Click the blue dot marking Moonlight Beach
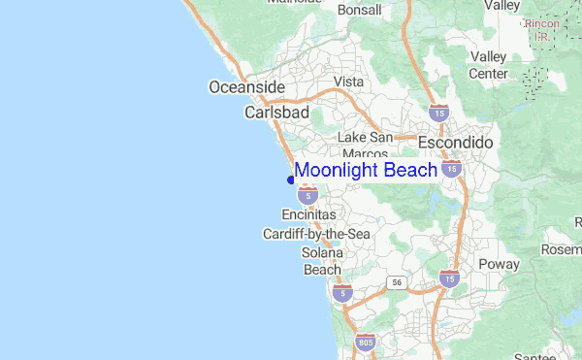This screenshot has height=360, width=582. coord(291,179)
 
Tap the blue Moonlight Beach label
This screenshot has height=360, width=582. coord(366,171)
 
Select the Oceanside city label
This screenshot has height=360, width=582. coord(247,88)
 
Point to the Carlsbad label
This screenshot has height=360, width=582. coord(276,113)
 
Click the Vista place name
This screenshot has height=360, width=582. coord(348,82)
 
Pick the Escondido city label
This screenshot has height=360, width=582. coord(455,143)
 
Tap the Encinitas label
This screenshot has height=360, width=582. coord(308,213)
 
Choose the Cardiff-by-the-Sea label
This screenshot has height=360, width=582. coord(316,234)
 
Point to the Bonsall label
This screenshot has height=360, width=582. coord(360,10)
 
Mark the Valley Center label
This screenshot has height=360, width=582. coord(488,65)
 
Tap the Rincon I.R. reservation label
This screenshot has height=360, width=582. coord(541,29)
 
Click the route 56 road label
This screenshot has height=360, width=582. coord(396,281)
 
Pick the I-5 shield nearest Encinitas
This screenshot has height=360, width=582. coord(307,195)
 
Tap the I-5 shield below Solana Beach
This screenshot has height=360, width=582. coord(340,291)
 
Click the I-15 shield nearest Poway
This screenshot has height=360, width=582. coord(447,279)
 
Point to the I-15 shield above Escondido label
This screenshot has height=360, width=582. coord(438,113)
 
